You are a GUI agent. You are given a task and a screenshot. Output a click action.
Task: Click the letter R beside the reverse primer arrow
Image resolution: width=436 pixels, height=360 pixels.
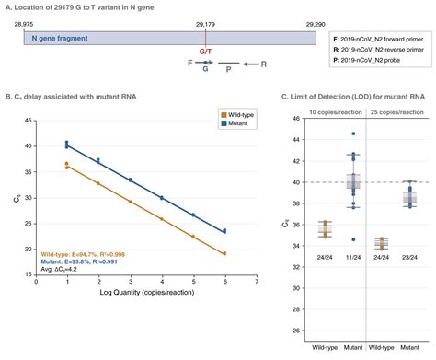click(x=263, y=66)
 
